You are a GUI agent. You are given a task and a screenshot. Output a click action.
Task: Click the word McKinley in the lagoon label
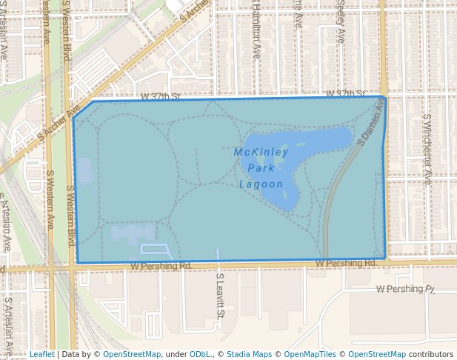coord(261,152)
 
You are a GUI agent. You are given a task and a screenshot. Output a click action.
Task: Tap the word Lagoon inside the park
coord(261,184)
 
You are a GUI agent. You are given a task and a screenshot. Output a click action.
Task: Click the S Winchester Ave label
coord(427,148)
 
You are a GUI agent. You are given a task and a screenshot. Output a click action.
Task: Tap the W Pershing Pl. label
coord(404,289)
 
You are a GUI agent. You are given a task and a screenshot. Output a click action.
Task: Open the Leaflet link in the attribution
coord(41,354)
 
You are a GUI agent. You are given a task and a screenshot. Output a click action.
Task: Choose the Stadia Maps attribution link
coord(249,354)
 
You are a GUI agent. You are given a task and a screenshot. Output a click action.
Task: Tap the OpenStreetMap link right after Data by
coord(132,354)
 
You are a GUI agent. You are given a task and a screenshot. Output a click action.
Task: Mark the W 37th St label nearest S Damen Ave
coord(346,94)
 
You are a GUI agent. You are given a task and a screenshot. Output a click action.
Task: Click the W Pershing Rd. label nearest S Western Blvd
coord(161,265)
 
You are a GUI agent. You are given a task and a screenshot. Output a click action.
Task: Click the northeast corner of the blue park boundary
coord(385,97)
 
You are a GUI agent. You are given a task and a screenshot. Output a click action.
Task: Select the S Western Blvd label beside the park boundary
coord(71,215)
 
